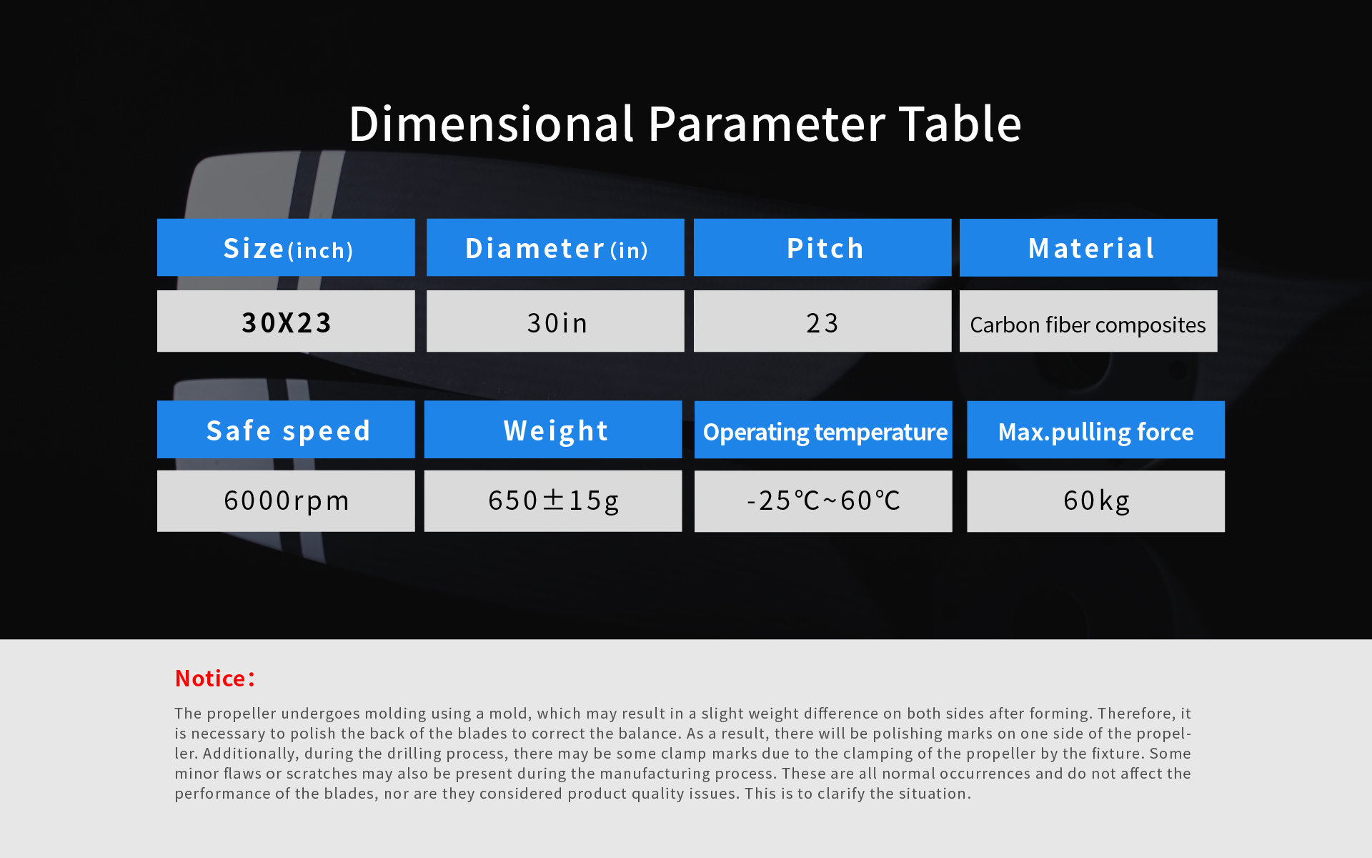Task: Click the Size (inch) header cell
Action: click(x=286, y=247)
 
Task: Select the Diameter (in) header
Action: click(x=555, y=247)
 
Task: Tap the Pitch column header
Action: click(x=822, y=247)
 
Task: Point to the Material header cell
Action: click(x=1088, y=247)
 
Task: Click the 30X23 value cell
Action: click(x=286, y=321)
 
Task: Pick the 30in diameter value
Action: click(x=555, y=321)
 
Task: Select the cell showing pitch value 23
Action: click(x=822, y=321)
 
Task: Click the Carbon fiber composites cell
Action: click(x=1088, y=321)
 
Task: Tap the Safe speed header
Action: click(x=286, y=429)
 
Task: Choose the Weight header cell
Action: click(x=553, y=429)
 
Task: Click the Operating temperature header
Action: click(x=823, y=430)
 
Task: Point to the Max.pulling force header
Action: click(x=1095, y=430)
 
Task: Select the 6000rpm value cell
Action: click(x=286, y=500)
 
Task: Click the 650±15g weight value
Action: click(x=553, y=500)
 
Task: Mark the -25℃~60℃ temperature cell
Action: click(x=823, y=501)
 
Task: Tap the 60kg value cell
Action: click(x=1095, y=501)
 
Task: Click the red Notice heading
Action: click(x=214, y=678)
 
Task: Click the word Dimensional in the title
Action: click(x=492, y=124)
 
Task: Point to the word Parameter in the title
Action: click(x=766, y=124)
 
